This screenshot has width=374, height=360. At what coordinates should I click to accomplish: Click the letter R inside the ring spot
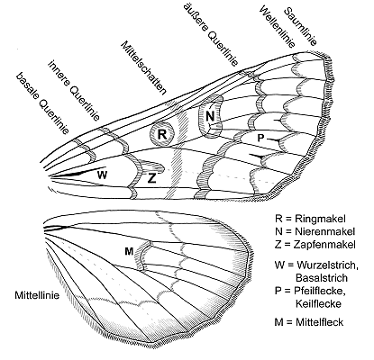click(162, 134)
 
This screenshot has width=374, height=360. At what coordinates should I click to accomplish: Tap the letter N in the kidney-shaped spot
click(210, 116)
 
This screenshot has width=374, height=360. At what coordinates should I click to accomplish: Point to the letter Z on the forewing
click(152, 178)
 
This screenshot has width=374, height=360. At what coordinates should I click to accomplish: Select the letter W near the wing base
click(102, 175)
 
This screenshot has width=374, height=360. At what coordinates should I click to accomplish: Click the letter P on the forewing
click(260, 139)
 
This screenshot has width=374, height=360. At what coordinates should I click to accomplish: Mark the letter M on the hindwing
click(129, 251)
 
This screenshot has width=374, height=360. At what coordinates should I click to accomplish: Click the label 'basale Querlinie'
click(42, 103)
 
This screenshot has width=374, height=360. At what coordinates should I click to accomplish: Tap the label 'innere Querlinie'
click(74, 90)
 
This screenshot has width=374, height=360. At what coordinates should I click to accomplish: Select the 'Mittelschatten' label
click(143, 67)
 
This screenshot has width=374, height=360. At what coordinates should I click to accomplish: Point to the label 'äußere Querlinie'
click(212, 34)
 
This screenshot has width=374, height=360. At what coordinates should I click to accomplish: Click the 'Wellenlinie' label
click(277, 27)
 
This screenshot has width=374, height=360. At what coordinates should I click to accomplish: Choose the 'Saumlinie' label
click(300, 26)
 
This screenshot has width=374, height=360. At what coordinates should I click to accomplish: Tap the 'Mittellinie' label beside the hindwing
click(37, 295)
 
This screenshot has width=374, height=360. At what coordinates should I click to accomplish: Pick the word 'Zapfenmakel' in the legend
click(325, 245)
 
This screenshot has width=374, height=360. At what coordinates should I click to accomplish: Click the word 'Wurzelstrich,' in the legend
click(327, 265)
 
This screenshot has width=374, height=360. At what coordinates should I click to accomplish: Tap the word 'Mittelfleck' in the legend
click(320, 322)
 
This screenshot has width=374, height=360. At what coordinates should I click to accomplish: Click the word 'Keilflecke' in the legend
click(318, 304)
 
